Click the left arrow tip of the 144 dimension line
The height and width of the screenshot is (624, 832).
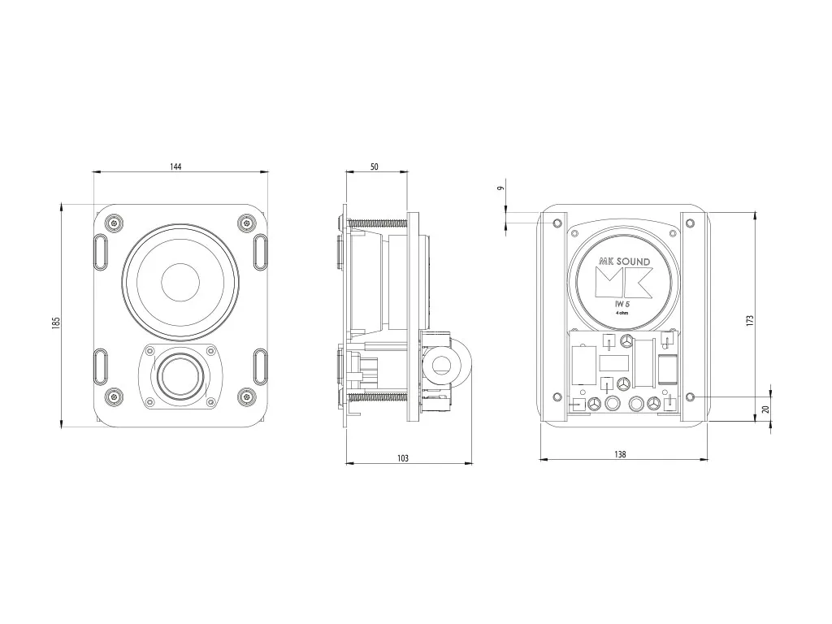tap(93, 171)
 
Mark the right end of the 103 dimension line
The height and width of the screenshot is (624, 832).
tap(472, 463)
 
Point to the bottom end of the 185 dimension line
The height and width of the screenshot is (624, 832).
tap(62, 427)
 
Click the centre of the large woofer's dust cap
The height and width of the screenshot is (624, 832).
tap(180, 282)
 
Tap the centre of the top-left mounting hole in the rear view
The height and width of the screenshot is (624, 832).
tap(557, 223)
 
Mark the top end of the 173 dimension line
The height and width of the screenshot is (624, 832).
tap(756, 211)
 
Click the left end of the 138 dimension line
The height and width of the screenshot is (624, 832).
tap(539, 459)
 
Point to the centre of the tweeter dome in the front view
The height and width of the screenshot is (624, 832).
tap(180, 375)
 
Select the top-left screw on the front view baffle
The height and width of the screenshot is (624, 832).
tap(115, 223)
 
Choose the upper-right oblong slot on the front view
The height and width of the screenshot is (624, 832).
tap(260, 252)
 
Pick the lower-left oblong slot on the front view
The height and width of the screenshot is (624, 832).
tap(101, 366)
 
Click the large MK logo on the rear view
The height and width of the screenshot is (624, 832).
tap(623, 281)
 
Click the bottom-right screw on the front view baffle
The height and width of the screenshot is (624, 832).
tap(246, 396)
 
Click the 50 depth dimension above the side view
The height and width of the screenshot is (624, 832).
tap(374, 167)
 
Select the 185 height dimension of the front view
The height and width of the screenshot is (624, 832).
tap(56, 323)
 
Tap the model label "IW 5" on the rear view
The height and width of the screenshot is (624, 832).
tap(622, 304)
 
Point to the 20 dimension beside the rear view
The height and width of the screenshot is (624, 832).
tap(765, 409)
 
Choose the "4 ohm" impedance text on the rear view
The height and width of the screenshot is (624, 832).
tap(622, 313)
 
